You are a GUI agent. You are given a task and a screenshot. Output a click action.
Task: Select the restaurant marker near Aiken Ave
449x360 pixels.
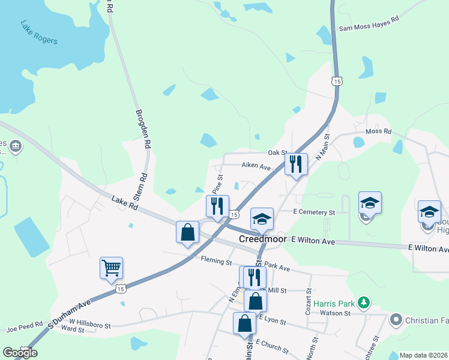pos(296,164)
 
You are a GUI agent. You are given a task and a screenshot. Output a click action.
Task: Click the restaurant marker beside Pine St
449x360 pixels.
pos(217,206)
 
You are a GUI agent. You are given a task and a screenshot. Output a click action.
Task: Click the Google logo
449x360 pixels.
pos(20,353)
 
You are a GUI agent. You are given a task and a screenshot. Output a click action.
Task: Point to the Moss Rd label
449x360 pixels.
pos(378,131)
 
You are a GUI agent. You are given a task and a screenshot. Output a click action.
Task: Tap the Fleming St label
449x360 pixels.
pos(217,262)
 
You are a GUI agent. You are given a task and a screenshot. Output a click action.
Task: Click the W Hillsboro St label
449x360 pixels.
pos(90,325)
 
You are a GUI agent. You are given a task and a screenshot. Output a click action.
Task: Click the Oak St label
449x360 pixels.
pos(278,153)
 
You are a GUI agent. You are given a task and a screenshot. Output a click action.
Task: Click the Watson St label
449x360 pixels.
pos(339,313)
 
